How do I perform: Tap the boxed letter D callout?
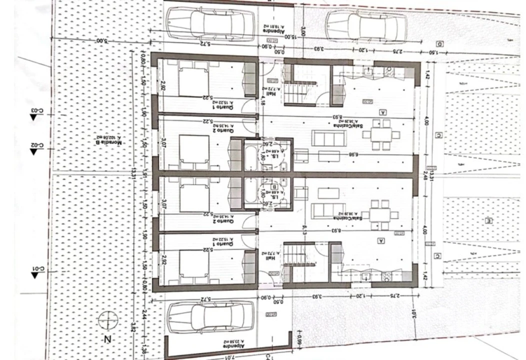pyautogui.click(x=440, y=43)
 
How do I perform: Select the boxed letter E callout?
pyautogui.click(x=489, y=220)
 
